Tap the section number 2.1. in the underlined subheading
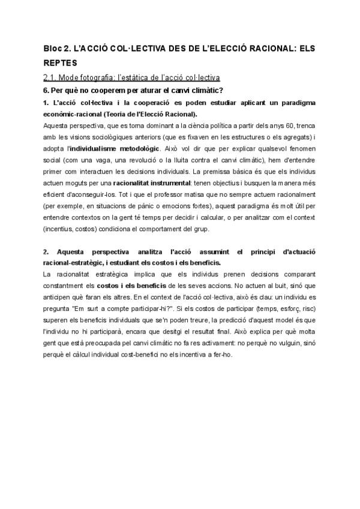point(52,77)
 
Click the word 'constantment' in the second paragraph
point(64,286)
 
